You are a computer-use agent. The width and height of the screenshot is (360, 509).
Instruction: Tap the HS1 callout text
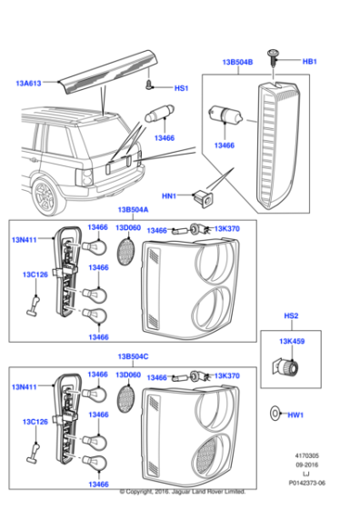(181, 88)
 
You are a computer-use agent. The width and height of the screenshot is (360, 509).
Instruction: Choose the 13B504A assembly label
(132, 209)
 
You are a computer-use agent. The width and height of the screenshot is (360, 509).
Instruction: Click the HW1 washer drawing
(276, 414)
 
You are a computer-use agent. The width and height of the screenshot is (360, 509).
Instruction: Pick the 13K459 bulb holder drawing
(289, 366)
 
